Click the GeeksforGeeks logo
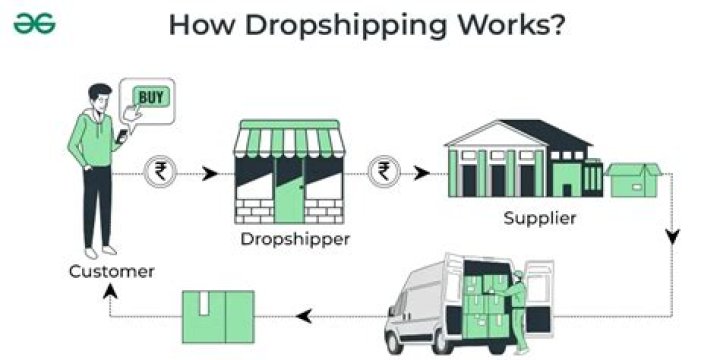(35, 23)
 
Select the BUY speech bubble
(151, 99)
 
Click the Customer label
(111, 271)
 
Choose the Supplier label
(539, 218)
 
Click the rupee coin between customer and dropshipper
(158, 171)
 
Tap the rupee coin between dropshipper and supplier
(382, 171)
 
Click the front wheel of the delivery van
(411, 336)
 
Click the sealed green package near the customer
(217, 316)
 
